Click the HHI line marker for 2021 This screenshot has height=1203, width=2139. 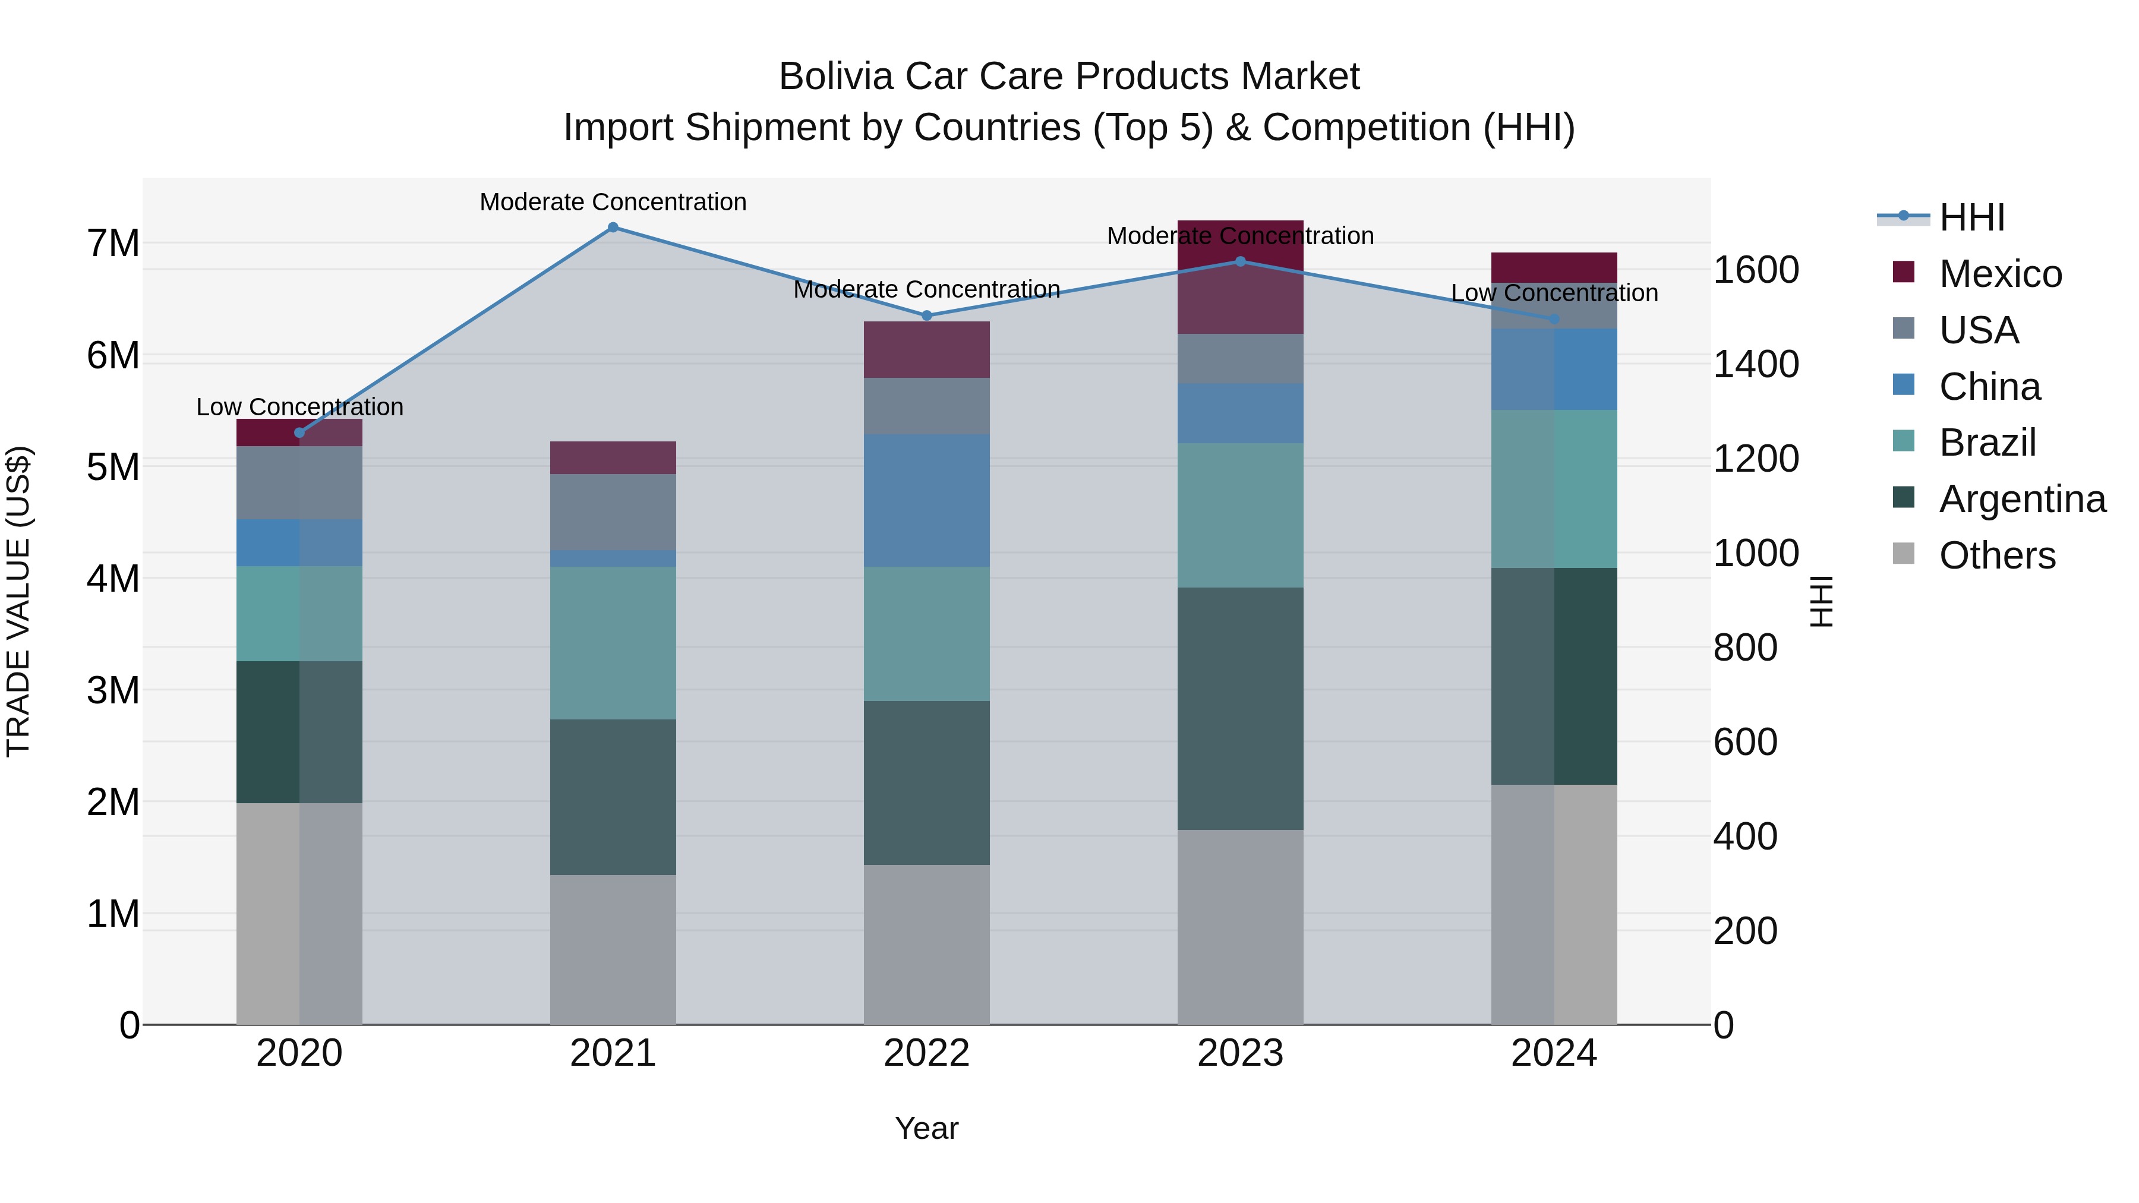coord(613,228)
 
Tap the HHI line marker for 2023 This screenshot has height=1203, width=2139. coord(1241,261)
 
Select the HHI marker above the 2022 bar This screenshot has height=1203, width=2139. coord(927,315)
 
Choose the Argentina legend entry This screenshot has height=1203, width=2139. coord(2021,499)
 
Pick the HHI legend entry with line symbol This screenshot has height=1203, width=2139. coord(1971,217)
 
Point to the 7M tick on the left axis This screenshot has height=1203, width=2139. coord(113,243)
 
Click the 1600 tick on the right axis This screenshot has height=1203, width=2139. coord(1755,270)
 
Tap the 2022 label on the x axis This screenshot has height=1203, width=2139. coord(927,1053)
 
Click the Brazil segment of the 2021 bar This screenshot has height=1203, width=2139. coord(613,643)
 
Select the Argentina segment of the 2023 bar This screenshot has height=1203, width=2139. coord(1241,708)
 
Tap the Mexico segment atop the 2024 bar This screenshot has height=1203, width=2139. coord(1554,267)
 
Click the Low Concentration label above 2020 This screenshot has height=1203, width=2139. coord(300,407)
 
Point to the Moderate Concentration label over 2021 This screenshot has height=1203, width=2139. coord(613,202)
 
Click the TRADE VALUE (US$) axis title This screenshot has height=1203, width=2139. coord(18,601)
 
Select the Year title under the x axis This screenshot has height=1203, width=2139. coord(927,1128)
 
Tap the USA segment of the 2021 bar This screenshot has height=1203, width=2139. coord(613,511)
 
